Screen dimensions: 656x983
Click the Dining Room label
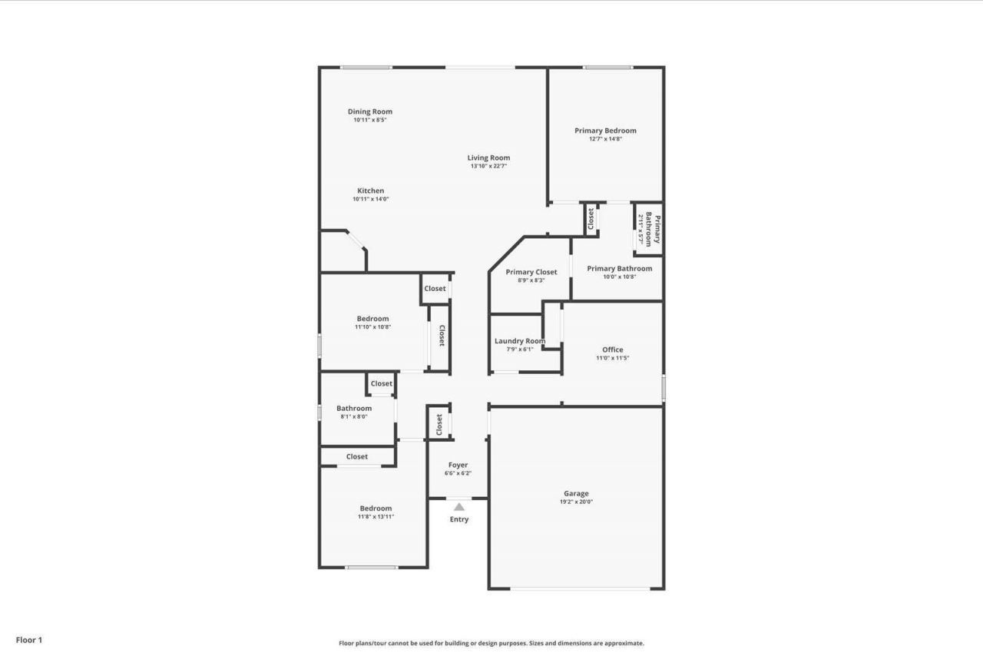pyautogui.click(x=369, y=111)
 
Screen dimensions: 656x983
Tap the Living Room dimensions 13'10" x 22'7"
pyautogui.click(x=488, y=166)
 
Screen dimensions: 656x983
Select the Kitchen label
pyautogui.click(x=370, y=191)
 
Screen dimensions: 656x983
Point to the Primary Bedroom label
pyautogui.click(x=605, y=131)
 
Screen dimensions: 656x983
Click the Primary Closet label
pyautogui.click(x=531, y=272)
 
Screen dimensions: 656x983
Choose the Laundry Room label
pyautogui.click(x=520, y=341)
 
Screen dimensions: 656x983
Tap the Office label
pyautogui.click(x=612, y=350)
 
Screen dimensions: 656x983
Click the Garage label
pyautogui.click(x=576, y=494)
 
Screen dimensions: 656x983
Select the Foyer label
pyautogui.click(x=458, y=465)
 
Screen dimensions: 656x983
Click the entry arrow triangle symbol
pyautogui.click(x=458, y=507)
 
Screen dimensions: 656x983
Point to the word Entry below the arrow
pyautogui.click(x=458, y=519)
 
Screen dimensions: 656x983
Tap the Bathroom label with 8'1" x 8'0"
pyautogui.click(x=354, y=408)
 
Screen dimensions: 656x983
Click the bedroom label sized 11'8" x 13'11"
pyautogui.click(x=376, y=508)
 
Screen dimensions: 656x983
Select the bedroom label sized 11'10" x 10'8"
pyautogui.click(x=372, y=319)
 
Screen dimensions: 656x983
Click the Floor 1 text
pyautogui.click(x=29, y=639)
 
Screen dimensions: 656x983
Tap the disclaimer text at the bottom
pyautogui.click(x=491, y=644)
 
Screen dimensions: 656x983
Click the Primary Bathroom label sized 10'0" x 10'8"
pyautogui.click(x=619, y=268)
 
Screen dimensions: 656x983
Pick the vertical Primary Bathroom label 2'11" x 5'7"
pyautogui.click(x=649, y=229)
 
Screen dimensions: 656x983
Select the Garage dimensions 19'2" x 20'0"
pyautogui.click(x=576, y=502)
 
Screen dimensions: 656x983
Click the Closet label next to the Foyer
pyautogui.click(x=439, y=424)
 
